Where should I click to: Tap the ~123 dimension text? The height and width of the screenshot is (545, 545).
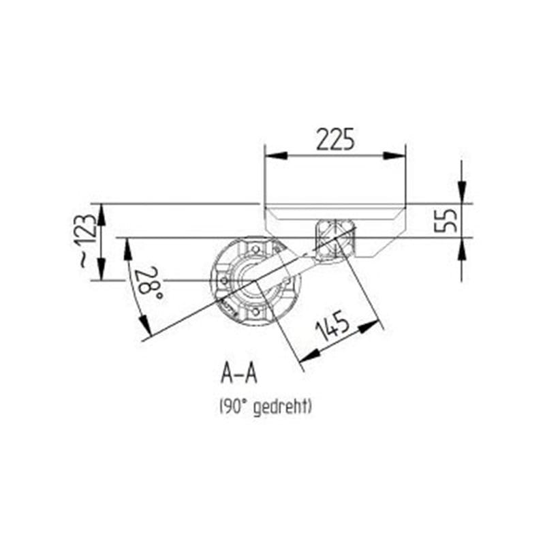(x=86, y=240)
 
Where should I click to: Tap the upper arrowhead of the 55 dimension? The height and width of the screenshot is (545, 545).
(x=462, y=194)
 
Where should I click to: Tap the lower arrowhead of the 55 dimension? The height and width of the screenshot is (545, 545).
(x=462, y=246)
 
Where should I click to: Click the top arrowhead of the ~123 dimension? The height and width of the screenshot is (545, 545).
(x=101, y=213)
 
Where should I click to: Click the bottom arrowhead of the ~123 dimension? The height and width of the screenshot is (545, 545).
(x=101, y=270)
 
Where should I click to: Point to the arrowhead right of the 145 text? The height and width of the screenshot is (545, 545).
(x=369, y=328)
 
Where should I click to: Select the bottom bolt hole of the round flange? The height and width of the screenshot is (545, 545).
(x=255, y=312)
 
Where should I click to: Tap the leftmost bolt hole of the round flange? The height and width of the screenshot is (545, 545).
(x=223, y=280)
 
